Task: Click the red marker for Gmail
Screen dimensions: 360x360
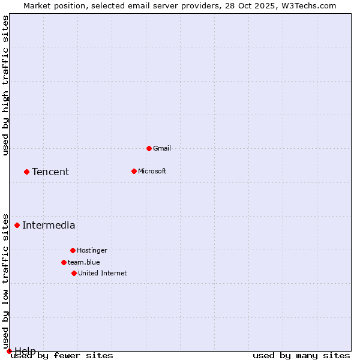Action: [149, 148]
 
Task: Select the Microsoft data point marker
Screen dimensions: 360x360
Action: [134, 171]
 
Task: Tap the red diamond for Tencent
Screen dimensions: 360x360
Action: [26, 172]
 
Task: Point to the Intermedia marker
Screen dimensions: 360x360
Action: [17, 225]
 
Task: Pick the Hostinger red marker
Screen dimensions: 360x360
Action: [73, 250]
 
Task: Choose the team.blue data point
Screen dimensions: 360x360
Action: [64, 262]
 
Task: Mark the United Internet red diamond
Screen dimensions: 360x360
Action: [74, 273]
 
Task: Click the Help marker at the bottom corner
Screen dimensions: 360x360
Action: [9, 351]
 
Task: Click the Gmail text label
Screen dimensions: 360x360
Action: [162, 148]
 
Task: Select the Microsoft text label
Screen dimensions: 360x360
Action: [152, 171]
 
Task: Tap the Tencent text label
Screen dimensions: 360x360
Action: [50, 172]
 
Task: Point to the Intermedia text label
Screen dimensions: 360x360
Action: [49, 226]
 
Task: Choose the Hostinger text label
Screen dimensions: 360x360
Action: [92, 250]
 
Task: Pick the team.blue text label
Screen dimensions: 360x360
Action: [84, 262]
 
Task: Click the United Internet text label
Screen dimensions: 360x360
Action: [103, 273]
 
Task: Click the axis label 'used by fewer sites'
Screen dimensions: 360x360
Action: [62, 356]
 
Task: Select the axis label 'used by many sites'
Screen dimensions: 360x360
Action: [301, 356]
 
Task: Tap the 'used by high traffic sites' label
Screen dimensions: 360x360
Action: [5, 85]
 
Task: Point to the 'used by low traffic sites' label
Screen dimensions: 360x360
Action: [5, 281]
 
